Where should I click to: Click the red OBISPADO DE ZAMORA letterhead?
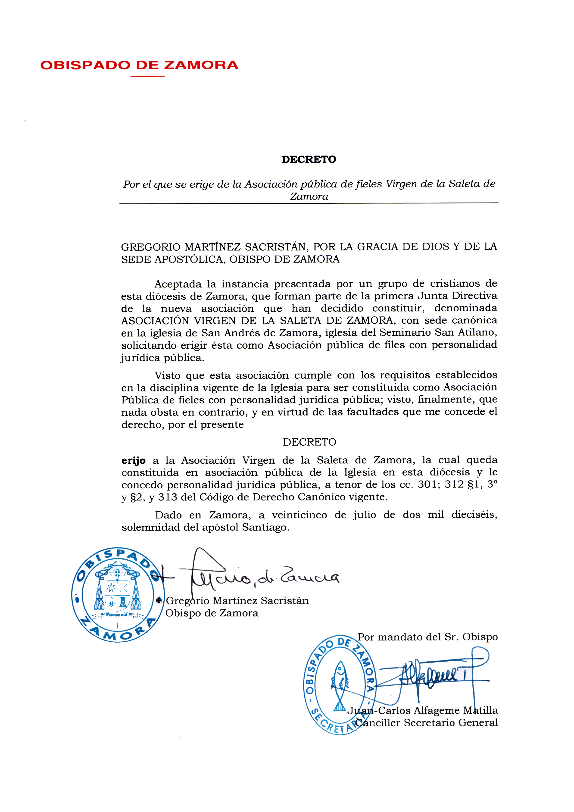click(x=139, y=65)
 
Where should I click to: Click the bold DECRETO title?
click(x=309, y=159)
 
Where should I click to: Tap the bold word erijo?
click(x=133, y=461)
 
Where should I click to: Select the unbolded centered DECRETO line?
click(x=309, y=442)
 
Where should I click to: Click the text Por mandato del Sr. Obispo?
click(x=427, y=637)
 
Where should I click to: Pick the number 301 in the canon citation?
click(x=427, y=484)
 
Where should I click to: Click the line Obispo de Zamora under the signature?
click(x=212, y=613)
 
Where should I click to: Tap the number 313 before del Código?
click(x=168, y=497)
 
